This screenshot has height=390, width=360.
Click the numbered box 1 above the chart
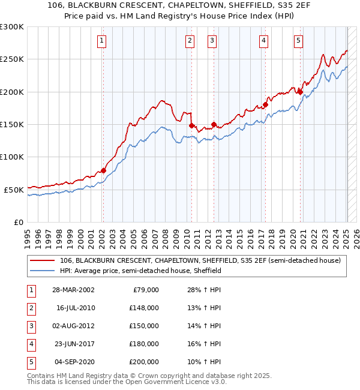point(102,41)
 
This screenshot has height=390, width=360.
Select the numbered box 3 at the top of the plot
point(212,41)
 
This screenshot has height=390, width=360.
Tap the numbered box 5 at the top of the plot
point(298,41)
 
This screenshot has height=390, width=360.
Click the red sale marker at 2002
point(103,170)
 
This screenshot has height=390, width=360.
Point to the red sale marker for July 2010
point(191,125)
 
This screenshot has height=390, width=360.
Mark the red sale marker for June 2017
point(265,105)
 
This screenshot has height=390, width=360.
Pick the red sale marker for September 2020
point(300,92)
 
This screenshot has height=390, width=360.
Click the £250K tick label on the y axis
point(12,59)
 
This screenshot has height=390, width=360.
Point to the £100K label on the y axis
point(12,157)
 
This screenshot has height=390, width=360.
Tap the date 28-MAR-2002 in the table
point(74,290)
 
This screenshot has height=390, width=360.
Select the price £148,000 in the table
point(143,308)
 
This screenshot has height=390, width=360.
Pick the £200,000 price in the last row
point(143,362)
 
